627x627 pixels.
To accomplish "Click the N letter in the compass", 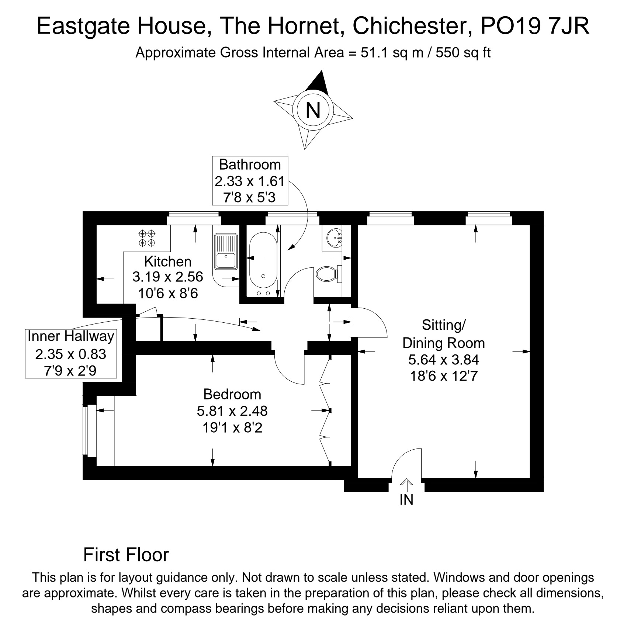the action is pos(313,110).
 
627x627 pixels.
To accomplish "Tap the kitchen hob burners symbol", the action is pos(147,238).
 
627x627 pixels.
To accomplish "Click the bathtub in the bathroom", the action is pos(263,264).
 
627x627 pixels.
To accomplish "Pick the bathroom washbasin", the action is pos(335,238).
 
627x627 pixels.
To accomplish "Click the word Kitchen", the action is pos(168,261).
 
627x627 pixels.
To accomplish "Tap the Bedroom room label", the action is pos(232,395).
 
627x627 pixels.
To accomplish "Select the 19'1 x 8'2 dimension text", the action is pos(232,428).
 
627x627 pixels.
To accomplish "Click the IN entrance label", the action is pos(406,500).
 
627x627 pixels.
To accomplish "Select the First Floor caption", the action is pos(126,555).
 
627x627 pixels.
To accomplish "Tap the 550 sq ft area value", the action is pos(463,53).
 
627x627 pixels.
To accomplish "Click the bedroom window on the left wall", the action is pos(86,431).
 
